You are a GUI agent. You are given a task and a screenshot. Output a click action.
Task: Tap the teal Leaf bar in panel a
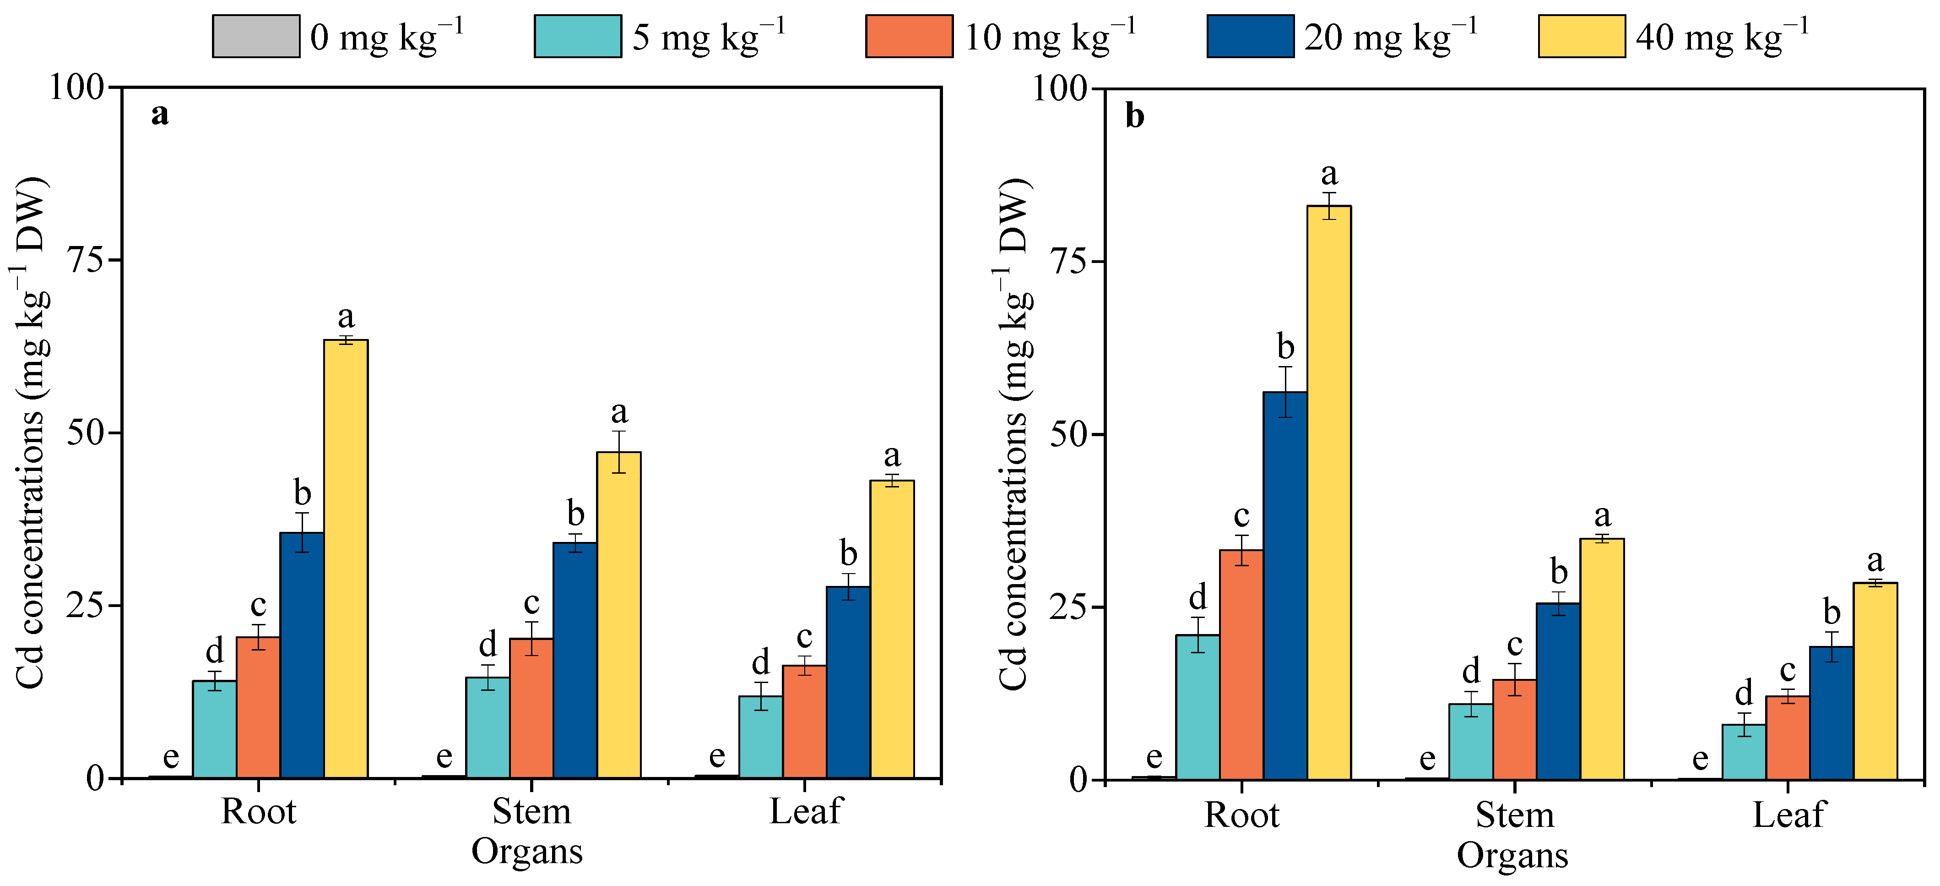tap(761, 736)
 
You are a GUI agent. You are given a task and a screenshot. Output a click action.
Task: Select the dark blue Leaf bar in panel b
tap(1831, 712)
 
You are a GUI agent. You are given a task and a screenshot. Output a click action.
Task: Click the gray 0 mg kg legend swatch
tap(255, 36)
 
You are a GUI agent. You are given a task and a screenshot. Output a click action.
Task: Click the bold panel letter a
tap(160, 115)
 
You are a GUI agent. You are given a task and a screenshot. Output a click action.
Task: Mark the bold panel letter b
tap(1134, 117)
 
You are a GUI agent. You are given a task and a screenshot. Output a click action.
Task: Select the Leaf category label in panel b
tap(1788, 815)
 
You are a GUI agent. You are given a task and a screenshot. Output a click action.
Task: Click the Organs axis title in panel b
tap(1512, 855)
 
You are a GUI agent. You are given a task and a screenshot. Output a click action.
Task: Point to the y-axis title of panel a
tap(32, 433)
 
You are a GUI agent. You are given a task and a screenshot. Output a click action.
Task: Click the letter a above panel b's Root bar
tap(1329, 174)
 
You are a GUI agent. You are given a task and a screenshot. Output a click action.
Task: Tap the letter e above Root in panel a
tap(171, 755)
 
